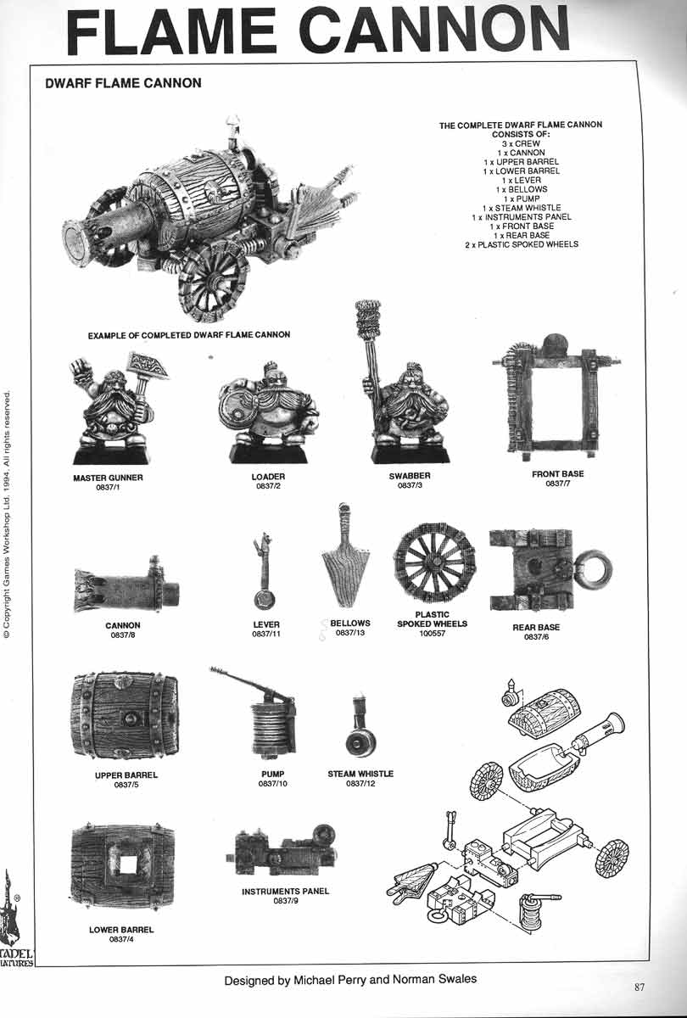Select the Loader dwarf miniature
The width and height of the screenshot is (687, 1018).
[x=269, y=412]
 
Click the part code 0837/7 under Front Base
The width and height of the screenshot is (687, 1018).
[x=557, y=484]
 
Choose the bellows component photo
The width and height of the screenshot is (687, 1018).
[x=345, y=556]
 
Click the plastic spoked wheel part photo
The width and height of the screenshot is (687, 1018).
[x=434, y=562]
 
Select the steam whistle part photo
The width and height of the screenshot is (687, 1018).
[x=360, y=728]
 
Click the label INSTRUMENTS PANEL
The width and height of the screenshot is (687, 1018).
[x=285, y=892]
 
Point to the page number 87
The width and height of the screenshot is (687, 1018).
[x=640, y=987]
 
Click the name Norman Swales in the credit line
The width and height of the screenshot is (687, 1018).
[x=434, y=979]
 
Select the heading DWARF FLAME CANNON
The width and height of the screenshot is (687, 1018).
[x=123, y=83]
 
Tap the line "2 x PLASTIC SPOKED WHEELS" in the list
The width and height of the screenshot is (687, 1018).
[x=521, y=244]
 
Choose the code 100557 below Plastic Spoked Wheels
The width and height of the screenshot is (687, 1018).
[x=432, y=633]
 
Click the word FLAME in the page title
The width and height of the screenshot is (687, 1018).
[x=171, y=32]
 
